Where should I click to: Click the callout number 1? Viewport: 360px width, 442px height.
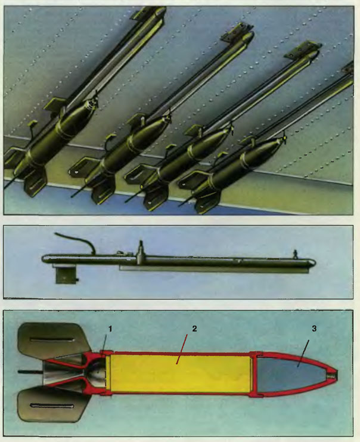110,329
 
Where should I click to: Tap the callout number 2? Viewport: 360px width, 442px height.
194,329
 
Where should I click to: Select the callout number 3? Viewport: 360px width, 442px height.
314,329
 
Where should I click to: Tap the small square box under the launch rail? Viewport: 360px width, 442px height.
66,275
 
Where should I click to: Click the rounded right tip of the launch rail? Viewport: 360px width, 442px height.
312,263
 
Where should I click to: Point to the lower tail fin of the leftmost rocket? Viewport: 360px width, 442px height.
36,182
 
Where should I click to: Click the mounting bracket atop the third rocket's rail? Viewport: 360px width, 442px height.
303,50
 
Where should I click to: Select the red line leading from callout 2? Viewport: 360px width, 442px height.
182,349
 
